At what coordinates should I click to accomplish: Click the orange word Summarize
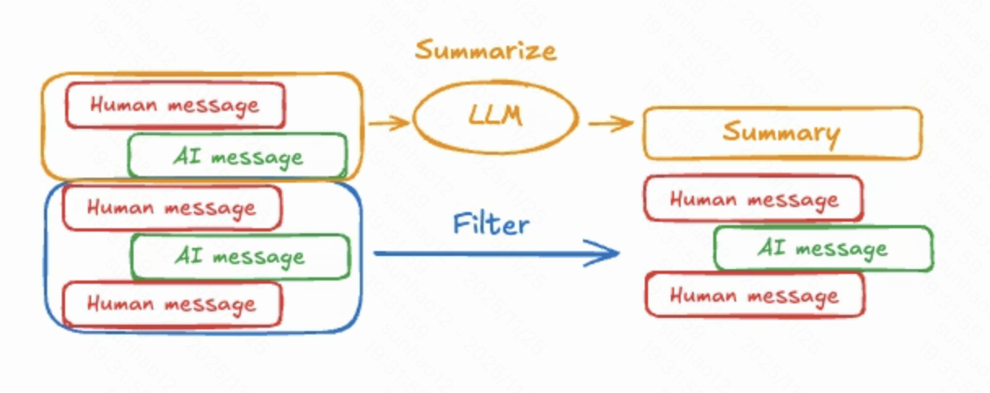(485, 51)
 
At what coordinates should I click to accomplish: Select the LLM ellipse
(495, 117)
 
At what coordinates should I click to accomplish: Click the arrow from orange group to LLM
(388, 124)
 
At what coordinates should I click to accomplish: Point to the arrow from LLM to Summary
(611, 124)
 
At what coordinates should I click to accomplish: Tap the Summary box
(782, 133)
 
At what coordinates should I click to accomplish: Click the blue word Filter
(491, 223)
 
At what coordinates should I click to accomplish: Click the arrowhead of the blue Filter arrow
(607, 254)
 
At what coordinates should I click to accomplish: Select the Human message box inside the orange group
(175, 105)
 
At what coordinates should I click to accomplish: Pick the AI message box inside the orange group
(237, 156)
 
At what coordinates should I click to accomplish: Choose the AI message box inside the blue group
(240, 257)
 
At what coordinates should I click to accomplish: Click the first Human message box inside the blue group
(172, 208)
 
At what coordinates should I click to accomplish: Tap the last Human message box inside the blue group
(172, 304)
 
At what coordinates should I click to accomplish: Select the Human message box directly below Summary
(753, 199)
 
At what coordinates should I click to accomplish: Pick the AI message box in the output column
(822, 249)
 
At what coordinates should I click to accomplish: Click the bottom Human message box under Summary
(754, 295)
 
